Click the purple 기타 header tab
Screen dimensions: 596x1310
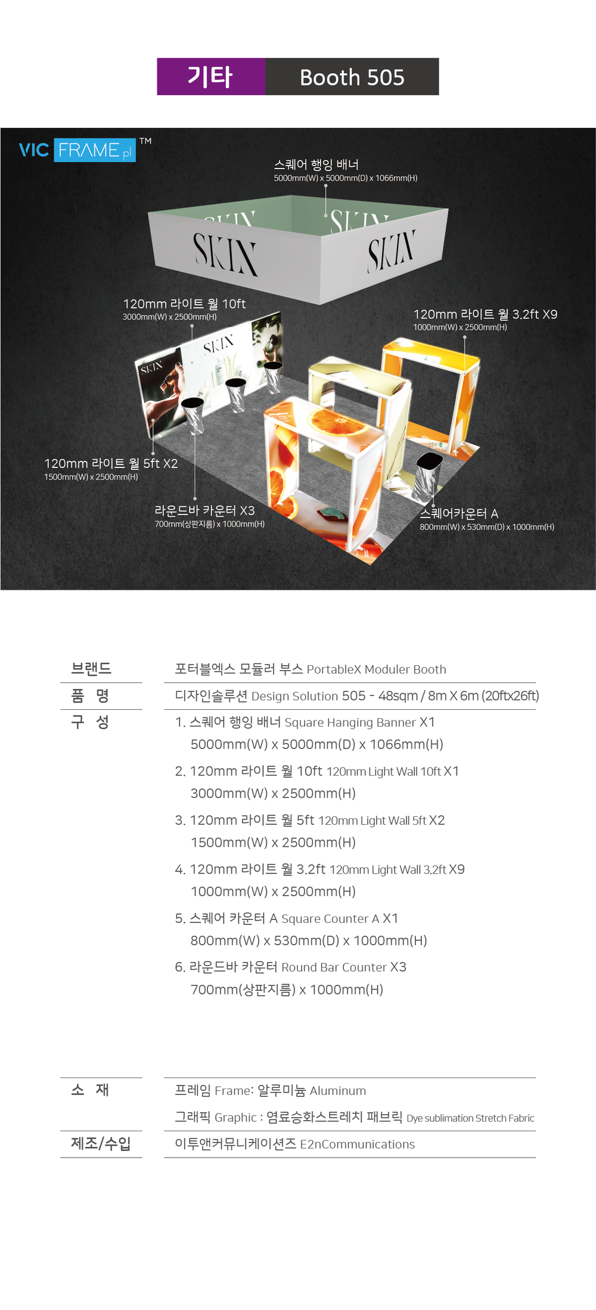point(211,77)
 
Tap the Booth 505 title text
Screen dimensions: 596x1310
point(352,77)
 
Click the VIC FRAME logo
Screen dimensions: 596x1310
point(77,150)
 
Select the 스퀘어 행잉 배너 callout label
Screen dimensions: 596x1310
point(316,164)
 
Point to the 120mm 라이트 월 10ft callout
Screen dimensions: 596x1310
point(184,304)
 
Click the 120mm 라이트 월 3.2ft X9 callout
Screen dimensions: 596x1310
point(485,314)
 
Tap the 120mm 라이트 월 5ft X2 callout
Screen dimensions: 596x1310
point(111,463)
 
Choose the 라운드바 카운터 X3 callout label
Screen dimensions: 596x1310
point(204,510)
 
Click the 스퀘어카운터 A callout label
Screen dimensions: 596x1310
point(459,513)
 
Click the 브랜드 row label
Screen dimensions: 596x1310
point(91,668)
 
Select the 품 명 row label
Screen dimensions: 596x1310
point(90,695)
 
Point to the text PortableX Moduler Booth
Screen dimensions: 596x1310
point(376,669)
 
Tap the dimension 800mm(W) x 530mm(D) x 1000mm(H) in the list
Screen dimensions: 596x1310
point(309,940)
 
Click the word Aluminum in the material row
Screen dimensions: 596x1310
point(338,1091)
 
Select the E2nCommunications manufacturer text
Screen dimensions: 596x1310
point(358,1144)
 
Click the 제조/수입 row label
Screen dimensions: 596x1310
point(101,1143)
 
